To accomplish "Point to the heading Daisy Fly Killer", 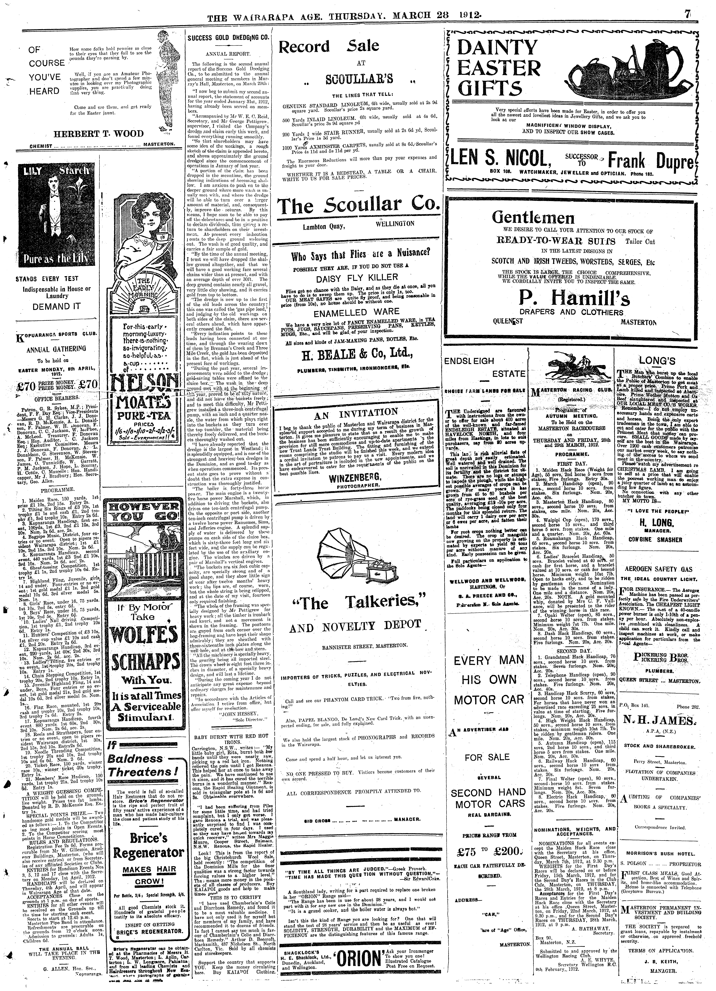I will click(357, 277).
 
